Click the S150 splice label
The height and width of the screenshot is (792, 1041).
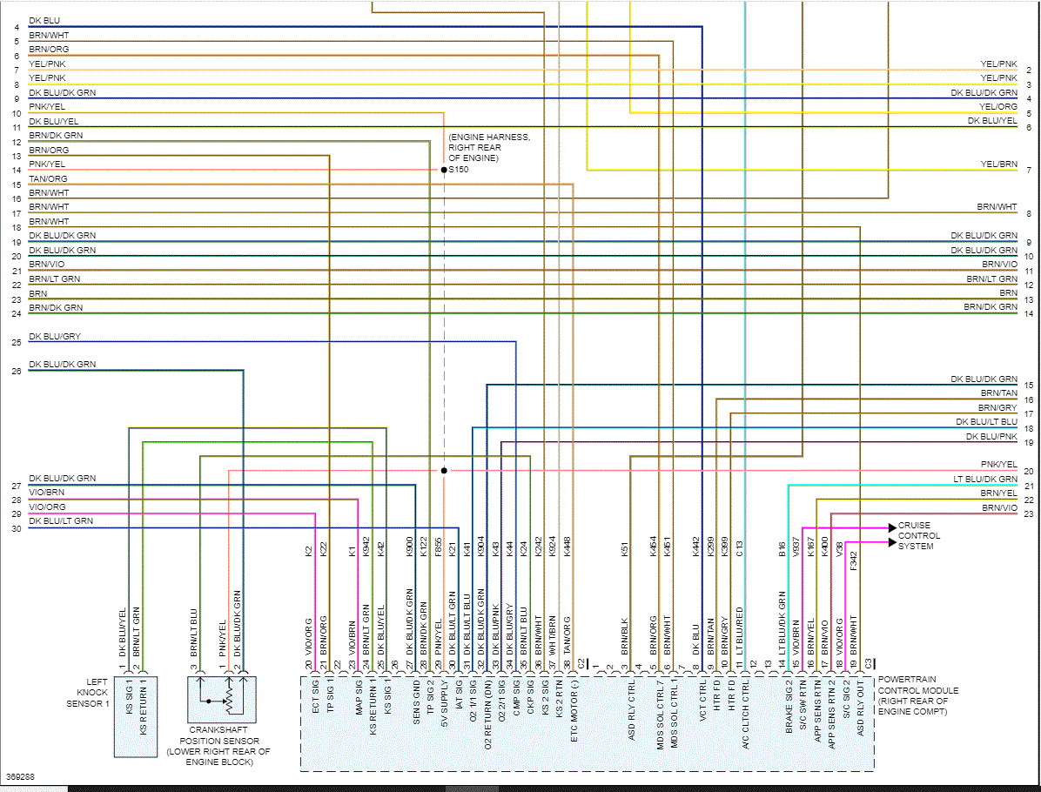(x=459, y=170)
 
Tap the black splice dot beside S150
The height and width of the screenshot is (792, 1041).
(x=444, y=170)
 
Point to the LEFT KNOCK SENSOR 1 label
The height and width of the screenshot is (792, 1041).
(x=88, y=693)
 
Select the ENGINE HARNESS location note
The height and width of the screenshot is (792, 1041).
(x=488, y=147)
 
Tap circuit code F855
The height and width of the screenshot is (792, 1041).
(x=439, y=549)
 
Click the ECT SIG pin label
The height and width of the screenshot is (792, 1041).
(x=316, y=695)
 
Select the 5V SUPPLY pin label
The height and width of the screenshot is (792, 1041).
(x=444, y=701)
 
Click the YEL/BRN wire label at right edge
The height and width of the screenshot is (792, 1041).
(x=997, y=164)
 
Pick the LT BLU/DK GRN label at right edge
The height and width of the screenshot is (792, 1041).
(x=984, y=480)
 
